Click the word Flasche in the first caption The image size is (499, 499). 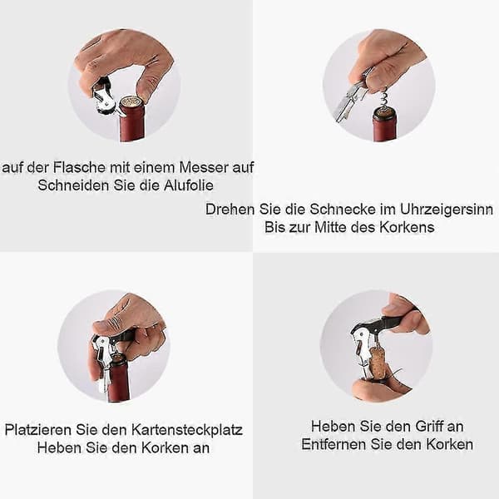[79, 167]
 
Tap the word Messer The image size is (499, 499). [204, 167]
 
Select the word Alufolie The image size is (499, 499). [189, 185]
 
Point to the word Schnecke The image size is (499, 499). [343, 209]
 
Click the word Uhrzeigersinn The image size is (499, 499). [446, 210]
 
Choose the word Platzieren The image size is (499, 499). [38, 430]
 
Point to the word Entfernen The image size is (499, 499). [333, 444]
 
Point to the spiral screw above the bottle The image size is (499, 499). [385, 98]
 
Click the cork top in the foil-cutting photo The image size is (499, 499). [131, 101]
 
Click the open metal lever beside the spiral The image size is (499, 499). [348, 101]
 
